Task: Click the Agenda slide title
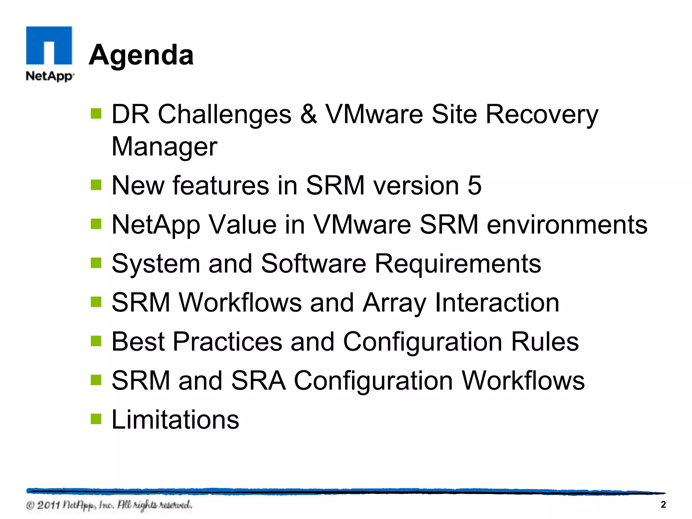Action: (x=141, y=55)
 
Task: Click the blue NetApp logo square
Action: (x=49, y=45)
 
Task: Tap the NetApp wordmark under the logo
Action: (x=50, y=76)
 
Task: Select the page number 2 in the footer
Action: (x=663, y=504)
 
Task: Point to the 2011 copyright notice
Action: (x=109, y=505)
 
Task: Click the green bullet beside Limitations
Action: (x=96, y=419)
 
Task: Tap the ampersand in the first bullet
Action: (x=308, y=114)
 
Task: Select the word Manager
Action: (x=165, y=147)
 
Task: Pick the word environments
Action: (x=567, y=225)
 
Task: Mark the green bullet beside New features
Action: (x=96, y=185)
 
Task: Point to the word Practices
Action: (x=227, y=342)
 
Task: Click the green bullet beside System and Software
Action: (x=96, y=263)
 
